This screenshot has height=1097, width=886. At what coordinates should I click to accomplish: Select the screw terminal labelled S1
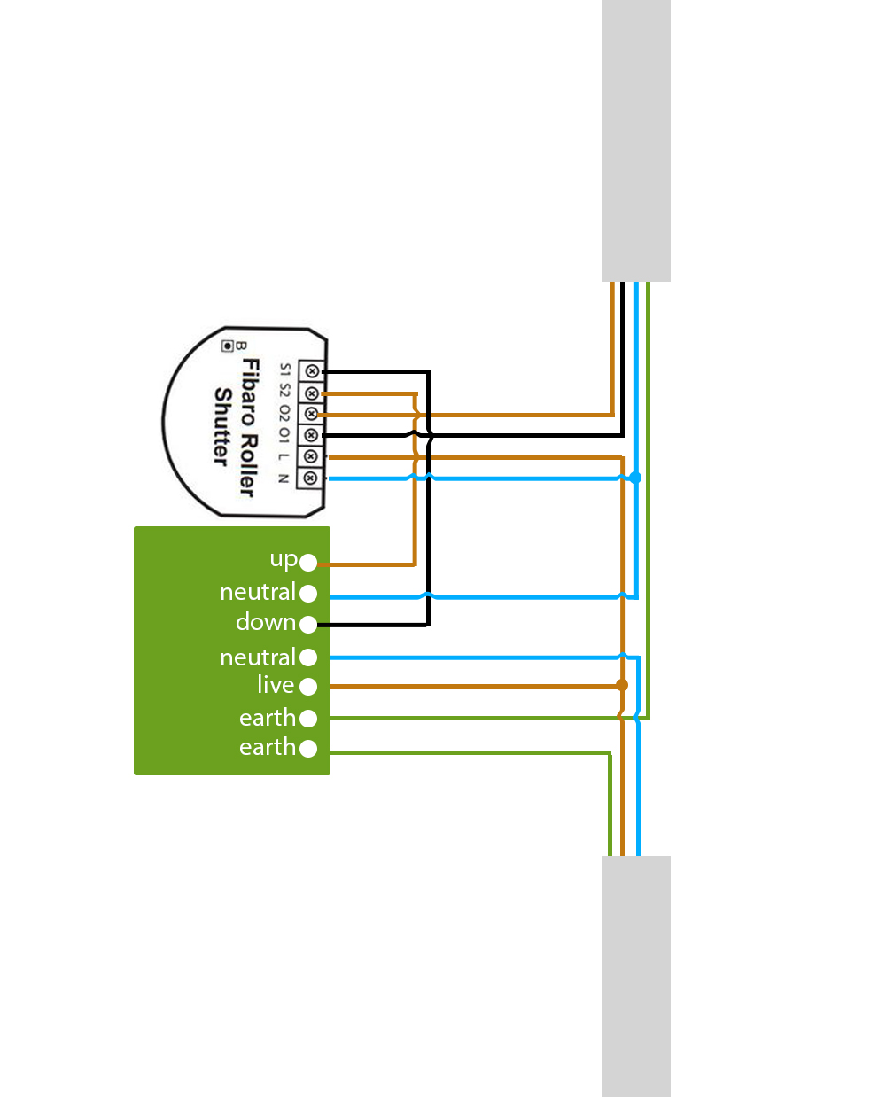pos(311,371)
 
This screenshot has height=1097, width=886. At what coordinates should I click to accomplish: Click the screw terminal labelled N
pos(309,478)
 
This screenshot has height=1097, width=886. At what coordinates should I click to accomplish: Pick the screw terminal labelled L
pos(310,456)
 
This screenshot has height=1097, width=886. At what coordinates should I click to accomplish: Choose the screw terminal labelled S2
pos(311,393)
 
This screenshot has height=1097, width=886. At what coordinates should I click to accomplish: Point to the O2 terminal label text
pos(284,413)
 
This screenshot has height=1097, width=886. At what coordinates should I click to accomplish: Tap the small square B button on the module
pos(228,345)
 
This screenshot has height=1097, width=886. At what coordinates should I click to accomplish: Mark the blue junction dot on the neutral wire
pos(634,478)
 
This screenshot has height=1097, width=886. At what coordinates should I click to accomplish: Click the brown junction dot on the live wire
pos(622,685)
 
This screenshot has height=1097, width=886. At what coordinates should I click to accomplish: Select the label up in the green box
pos(284,559)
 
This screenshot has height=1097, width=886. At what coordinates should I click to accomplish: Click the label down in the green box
pos(265,623)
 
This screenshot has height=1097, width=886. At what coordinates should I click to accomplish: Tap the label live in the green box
pos(276,685)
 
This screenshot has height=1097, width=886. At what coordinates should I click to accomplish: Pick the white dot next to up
pos(308,563)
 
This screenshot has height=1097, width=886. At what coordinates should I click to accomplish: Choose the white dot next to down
pos(308,625)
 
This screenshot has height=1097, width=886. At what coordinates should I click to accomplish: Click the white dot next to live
pos(308,686)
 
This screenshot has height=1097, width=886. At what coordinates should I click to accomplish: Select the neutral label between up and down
pos(257,592)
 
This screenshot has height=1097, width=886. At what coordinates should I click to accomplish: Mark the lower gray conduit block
pos(636,976)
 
